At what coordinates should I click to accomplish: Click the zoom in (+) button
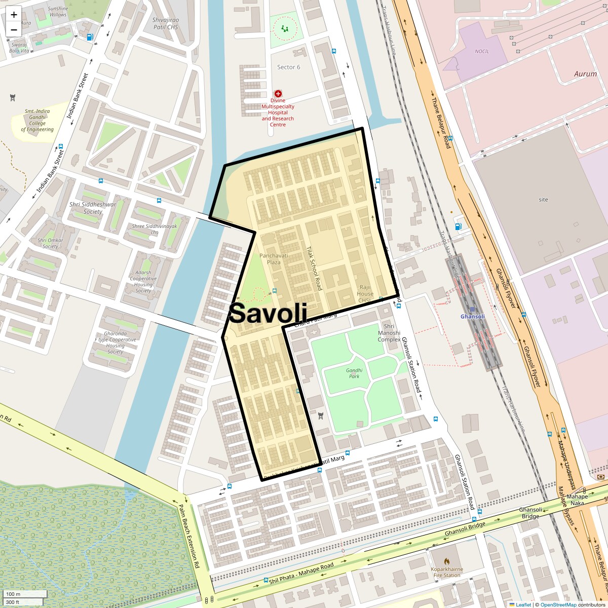click(x=14, y=15)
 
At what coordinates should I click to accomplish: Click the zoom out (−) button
click(x=14, y=29)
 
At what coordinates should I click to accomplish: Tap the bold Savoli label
click(x=268, y=313)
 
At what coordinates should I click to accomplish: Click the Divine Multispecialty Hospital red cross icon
click(x=278, y=94)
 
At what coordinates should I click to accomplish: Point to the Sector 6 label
click(x=288, y=67)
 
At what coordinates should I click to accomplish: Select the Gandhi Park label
click(x=354, y=373)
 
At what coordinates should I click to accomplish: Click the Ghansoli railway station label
click(x=472, y=317)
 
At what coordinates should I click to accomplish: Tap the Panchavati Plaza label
click(x=274, y=258)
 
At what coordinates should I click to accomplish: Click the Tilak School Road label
click(x=314, y=269)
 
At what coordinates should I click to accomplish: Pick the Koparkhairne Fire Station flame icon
click(x=447, y=561)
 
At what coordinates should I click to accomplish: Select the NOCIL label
click(x=482, y=51)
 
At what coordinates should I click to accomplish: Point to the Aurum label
click(x=585, y=74)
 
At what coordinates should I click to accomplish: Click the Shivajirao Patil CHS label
click(x=166, y=24)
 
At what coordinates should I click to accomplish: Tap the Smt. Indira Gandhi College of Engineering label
click(x=37, y=120)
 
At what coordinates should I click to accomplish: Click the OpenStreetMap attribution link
click(x=558, y=604)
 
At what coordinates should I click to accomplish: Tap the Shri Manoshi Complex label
click(x=389, y=333)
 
